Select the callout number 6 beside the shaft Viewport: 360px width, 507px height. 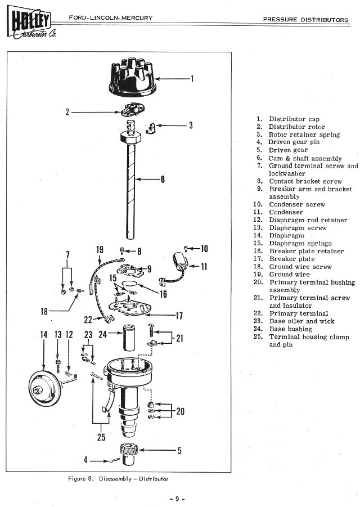163,180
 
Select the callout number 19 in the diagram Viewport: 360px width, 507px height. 100,250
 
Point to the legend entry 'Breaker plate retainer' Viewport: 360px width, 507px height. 306,251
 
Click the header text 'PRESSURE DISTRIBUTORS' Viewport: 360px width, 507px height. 306,19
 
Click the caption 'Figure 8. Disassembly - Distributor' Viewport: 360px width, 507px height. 118,479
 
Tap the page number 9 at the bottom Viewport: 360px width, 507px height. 177,499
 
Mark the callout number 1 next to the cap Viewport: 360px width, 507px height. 192,79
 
